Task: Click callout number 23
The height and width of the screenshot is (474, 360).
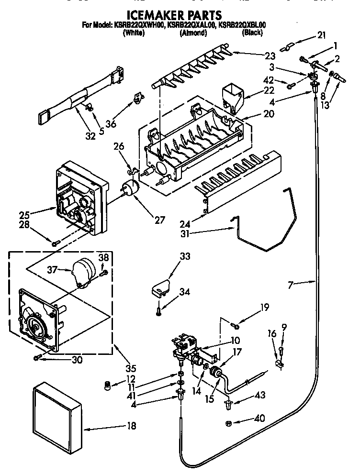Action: pyautogui.click(x=270, y=55)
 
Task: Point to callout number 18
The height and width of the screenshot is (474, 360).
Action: pyautogui.click(x=131, y=425)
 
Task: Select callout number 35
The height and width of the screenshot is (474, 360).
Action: pyautogui.click(x=130, y=368)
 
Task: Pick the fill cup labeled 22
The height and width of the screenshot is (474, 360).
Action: pyautogui.click(x=233, y=97)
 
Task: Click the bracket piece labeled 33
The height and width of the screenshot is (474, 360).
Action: pyautogui.click(x=159, y=288)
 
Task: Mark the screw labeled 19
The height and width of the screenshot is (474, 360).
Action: pyautogui.click(x=236, y=326)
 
